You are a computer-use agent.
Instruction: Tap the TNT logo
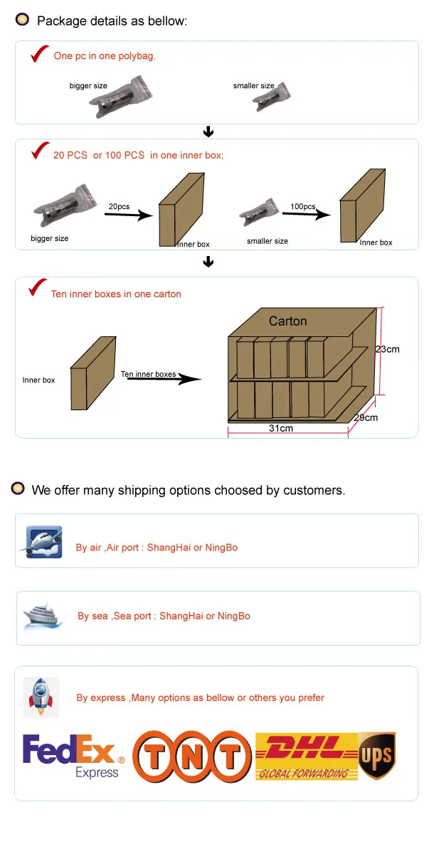click(x=192, y=756)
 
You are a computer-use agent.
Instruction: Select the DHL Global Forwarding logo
click(x=307, y=757)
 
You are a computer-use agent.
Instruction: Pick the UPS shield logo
click(x=376, y=756)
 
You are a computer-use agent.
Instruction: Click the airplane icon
click(x=42, y=542)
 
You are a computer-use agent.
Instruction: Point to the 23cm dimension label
click(x=387, y=349)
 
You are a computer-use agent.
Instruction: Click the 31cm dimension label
click(x=281, y=428)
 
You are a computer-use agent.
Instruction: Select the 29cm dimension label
click(x=366, y=417)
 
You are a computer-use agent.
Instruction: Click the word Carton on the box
click(x=287, y=321)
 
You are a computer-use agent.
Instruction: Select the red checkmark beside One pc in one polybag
click(x=38, y=54)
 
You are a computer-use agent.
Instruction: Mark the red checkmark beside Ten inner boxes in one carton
click(x=36, y=288)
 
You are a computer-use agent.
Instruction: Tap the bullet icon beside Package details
click(x=23, y=20)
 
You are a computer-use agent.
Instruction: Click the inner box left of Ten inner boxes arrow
click(x=92, y=373)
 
